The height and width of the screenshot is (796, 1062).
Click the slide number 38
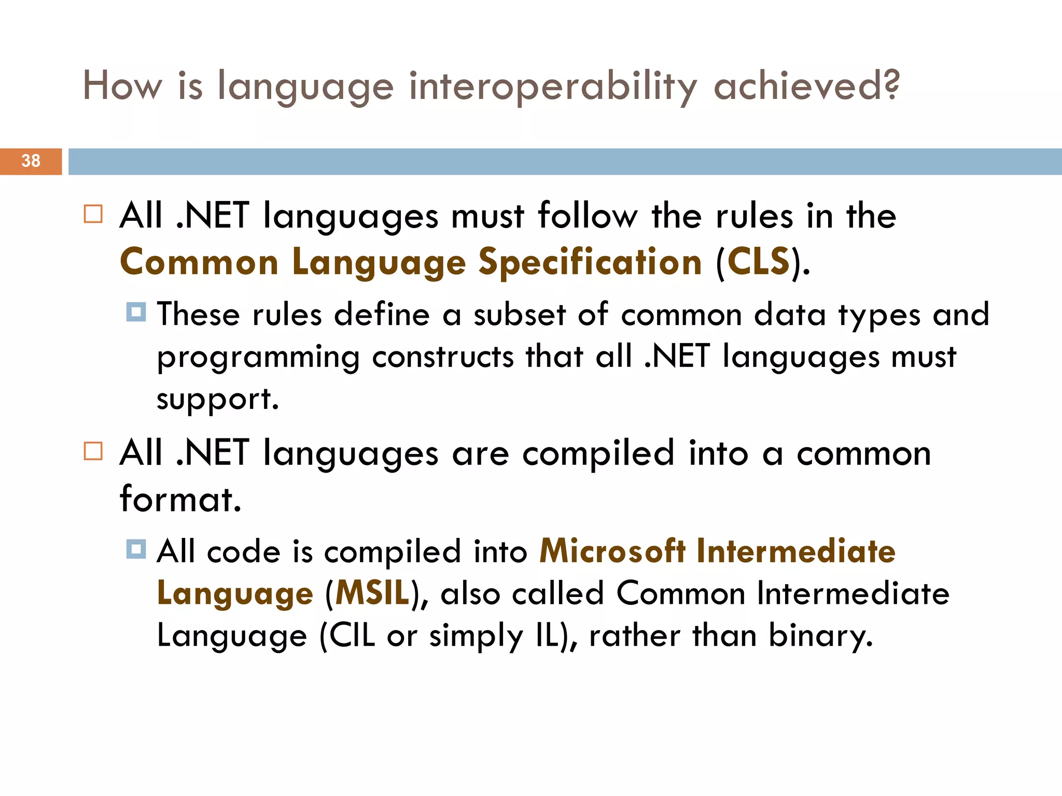tap(31, 161)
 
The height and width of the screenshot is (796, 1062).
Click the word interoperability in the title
tap(553, 86)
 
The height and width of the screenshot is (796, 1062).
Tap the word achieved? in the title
tap(806, 86)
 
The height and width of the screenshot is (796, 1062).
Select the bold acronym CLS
tap(758, 262)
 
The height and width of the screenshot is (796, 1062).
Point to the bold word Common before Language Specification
tap(199, 262)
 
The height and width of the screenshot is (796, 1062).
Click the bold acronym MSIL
tap(372, 593)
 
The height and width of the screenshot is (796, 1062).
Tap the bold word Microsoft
tap(612, 550)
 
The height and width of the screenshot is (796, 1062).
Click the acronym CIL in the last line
tap(352, 635)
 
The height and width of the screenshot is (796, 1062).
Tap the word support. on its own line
tap(218, 399)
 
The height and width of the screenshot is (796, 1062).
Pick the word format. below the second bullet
tap(180, 499)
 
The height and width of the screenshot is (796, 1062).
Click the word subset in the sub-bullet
tap(519, 315)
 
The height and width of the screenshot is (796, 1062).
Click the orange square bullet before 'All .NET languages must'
tap(93, 214)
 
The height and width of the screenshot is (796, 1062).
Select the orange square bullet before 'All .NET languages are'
tap(93, 451)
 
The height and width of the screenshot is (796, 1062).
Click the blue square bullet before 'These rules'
tap(136, 312)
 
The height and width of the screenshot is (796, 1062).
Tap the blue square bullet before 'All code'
tap(136, 549)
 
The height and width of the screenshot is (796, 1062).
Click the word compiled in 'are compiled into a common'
tap(598, 453)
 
